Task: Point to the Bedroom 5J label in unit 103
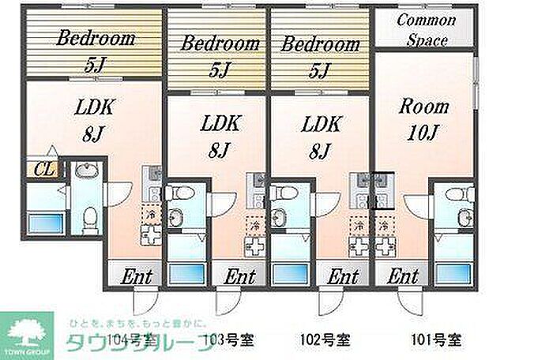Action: (220, 54)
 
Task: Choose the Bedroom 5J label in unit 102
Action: (319, 54)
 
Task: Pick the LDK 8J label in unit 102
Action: (320, 135)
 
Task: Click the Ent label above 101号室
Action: (402, 276)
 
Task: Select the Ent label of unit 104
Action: (136, 277)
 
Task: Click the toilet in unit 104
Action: (90, 214)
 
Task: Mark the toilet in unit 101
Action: (453, 194)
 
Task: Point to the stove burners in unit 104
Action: (150, 234)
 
